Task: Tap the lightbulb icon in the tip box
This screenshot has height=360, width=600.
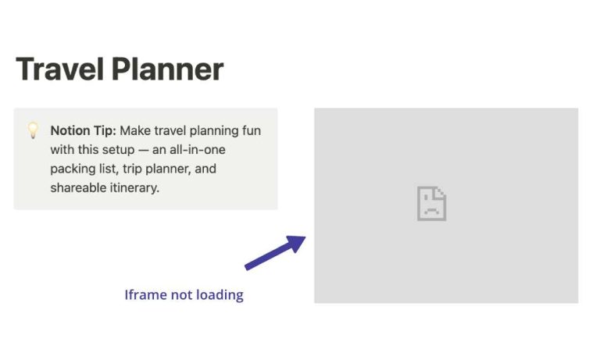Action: [33, 130]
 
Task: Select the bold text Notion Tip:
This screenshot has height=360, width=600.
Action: [83, 130]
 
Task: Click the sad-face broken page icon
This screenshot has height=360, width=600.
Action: [431, 203]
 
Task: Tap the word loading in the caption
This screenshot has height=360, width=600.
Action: [220, 295]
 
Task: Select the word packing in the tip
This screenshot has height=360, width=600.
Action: [73, 169]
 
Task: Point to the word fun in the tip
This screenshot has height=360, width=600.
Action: [252, 130]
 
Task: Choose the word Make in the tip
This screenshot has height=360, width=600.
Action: [135, 130]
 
